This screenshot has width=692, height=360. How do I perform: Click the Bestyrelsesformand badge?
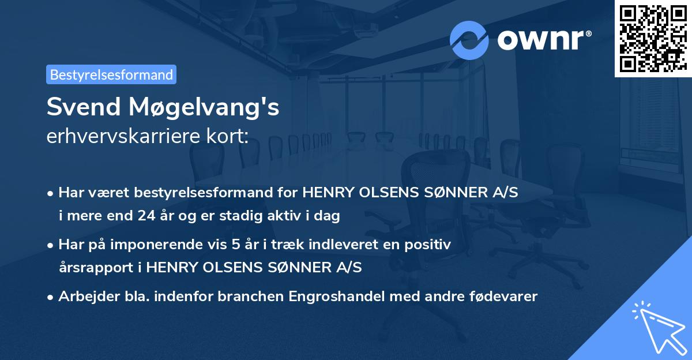[111, 74]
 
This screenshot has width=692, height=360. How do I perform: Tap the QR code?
[653, 38]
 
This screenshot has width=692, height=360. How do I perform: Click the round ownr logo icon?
[469, 40]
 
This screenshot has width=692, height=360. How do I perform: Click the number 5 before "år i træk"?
[235, 245]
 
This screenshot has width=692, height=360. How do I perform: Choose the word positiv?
[429, 245]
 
